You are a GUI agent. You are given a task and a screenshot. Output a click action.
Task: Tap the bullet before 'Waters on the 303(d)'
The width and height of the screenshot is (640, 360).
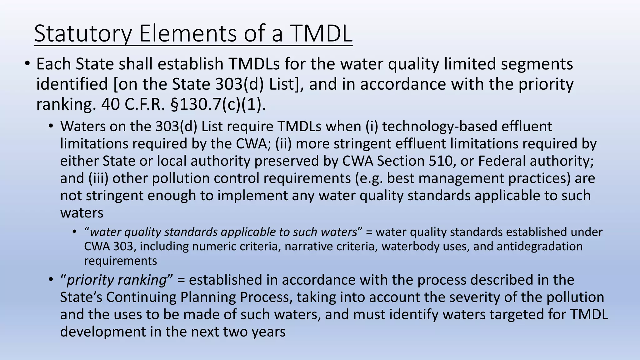pyautogui.click(x=51, y=127)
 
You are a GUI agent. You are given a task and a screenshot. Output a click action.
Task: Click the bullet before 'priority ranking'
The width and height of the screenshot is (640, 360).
pyautogui.click(x=51, y=280)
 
